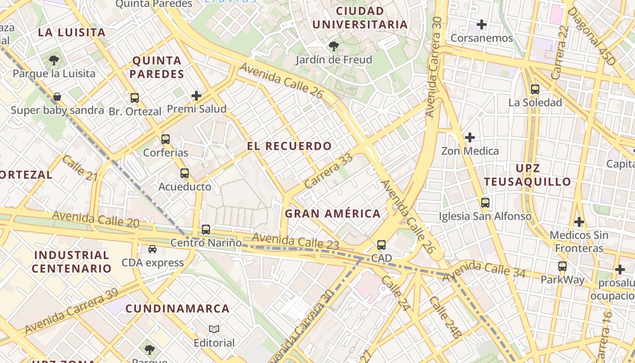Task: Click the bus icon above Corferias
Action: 166,139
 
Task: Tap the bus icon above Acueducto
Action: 184,173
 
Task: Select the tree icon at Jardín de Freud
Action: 334,46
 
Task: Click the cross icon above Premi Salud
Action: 196,96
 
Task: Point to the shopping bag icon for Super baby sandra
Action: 57,97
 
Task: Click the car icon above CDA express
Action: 152,249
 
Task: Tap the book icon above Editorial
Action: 214,329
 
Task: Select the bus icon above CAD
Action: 381,245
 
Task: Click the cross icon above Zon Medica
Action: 470,137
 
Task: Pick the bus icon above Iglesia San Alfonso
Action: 485,203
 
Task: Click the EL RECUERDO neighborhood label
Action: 289,146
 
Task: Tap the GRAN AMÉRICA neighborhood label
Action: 332,214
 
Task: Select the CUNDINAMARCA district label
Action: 177,309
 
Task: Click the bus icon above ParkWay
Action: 562,266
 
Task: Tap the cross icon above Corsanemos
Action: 482,25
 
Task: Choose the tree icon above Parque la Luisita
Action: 54,60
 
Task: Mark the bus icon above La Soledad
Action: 535,89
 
